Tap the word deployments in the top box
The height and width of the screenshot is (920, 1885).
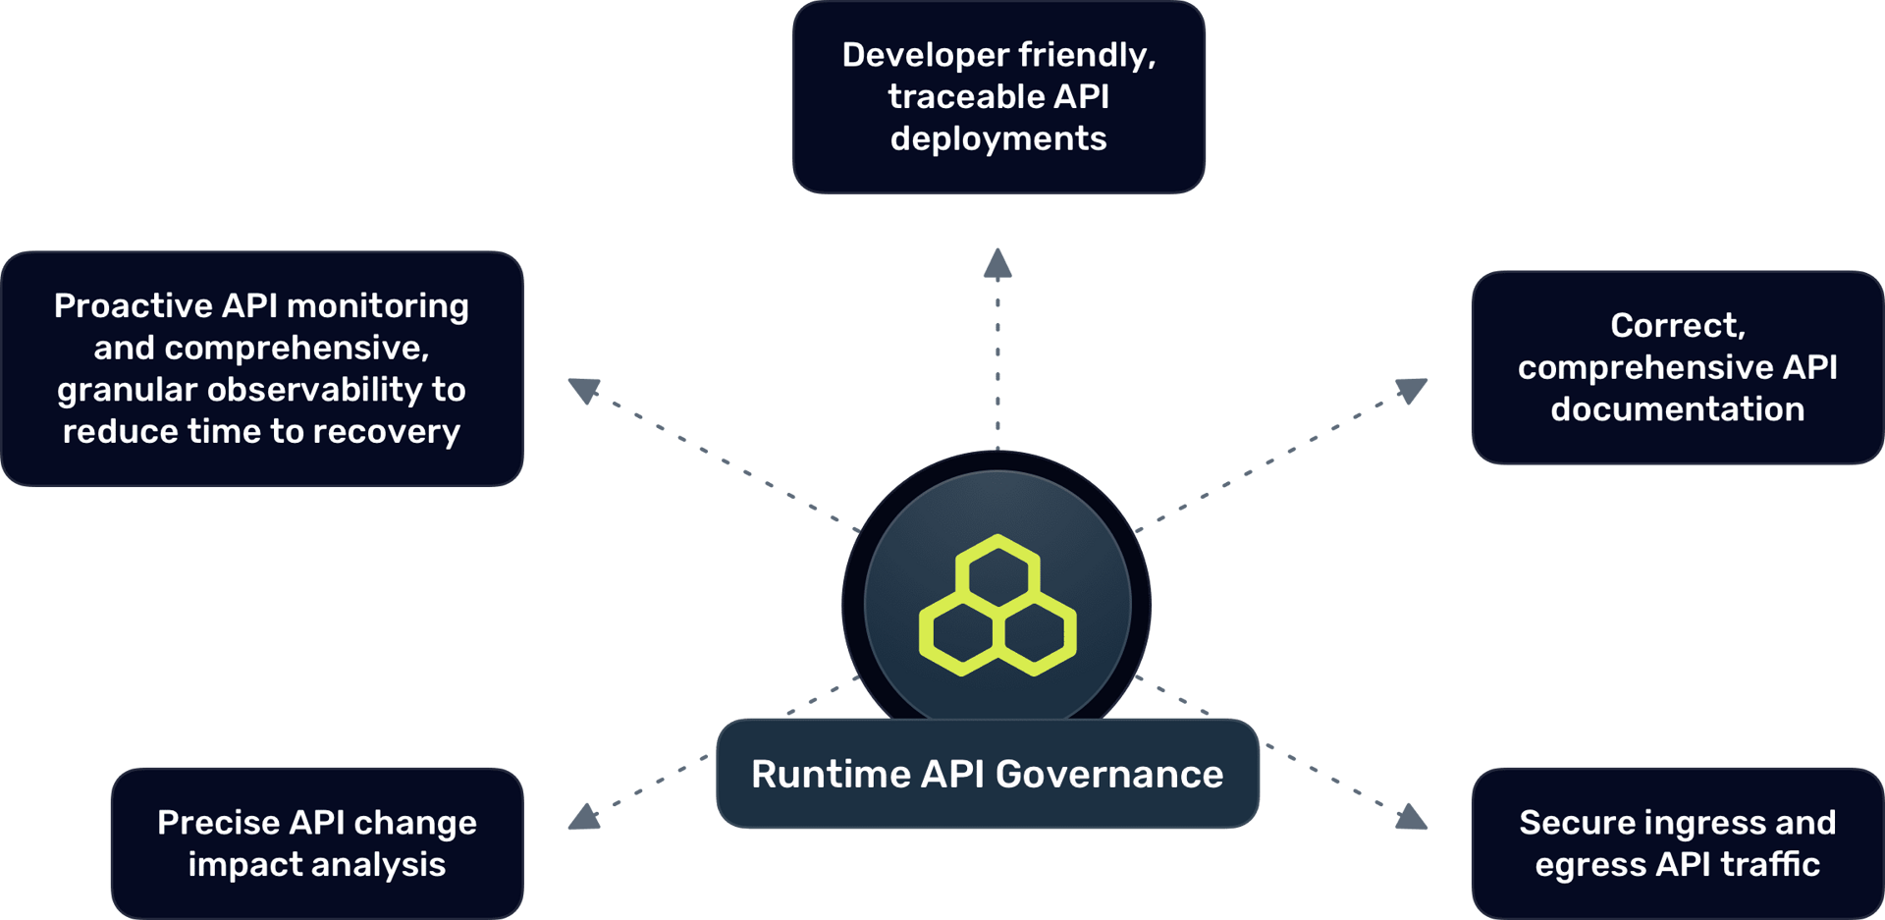tap(998, 139)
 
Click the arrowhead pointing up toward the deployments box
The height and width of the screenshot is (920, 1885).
tap(997, 264)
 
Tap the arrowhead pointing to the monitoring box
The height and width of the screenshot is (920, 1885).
tap(584, 390)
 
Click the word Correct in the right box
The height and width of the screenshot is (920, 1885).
tap(1677, 326)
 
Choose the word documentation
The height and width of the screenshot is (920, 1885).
tap(1677, 409)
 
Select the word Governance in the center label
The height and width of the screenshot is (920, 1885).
tap(1109, 775)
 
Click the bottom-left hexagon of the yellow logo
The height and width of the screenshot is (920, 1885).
tap(961, 636)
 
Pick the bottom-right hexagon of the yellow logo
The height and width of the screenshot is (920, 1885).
tap(1035, 636)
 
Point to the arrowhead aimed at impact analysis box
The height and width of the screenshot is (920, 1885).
tap(585, 817)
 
